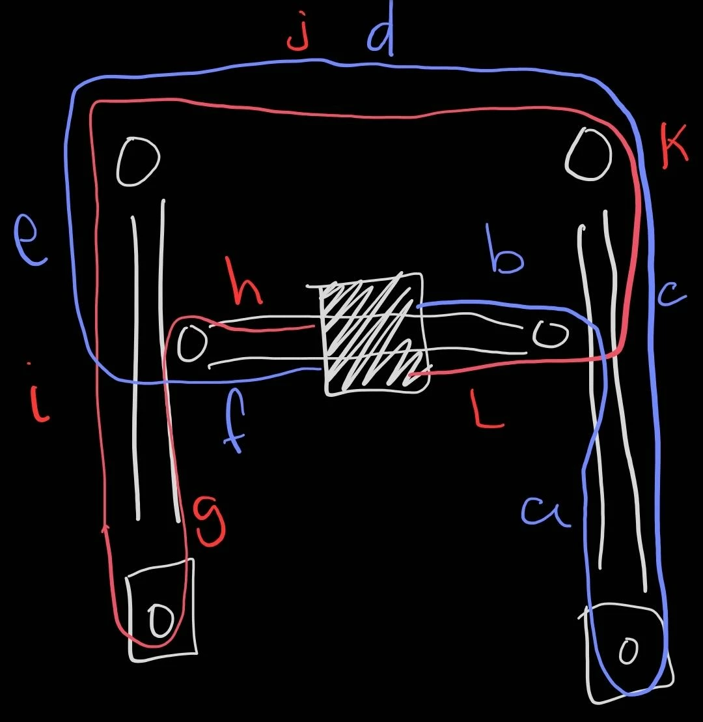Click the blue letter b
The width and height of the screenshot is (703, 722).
tap(505, 252)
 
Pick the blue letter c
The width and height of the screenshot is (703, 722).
tap(672, 295)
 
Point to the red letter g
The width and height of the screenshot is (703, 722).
tap(210, 520)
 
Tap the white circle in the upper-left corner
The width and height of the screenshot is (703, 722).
tap(138, 161)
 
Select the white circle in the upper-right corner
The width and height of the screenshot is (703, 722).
tap(589, 154)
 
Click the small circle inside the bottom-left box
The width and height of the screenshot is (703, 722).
tap(161, 620)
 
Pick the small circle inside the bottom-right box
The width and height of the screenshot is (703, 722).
tap(628, 650)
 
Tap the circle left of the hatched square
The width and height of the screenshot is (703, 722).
tap(192, 343)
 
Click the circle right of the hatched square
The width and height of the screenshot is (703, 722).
tap(551, 334)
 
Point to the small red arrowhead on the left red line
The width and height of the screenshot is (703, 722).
tap(106, 528)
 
